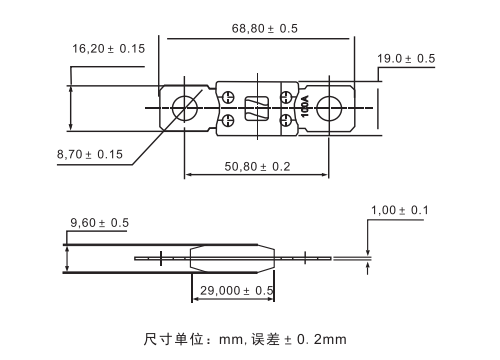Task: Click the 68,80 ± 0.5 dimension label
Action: click(265, 29)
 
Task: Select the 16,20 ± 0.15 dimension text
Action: click(109, 49)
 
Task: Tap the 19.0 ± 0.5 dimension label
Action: click(406, 59)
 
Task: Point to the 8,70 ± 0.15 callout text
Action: click(90, 154)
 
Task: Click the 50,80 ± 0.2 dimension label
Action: click(257, 167)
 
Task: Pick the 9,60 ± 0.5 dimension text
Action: click(99, 223)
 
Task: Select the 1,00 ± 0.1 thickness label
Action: click(400, 210)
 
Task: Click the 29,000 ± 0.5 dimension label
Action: click(237, 291)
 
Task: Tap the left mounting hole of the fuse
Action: click(185, 108)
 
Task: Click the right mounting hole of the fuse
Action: click(329, 108)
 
